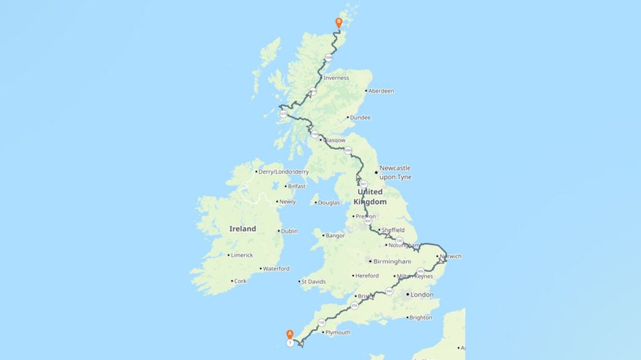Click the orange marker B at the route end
point(339,23)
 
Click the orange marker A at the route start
point(289,334)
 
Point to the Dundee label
point(360,118)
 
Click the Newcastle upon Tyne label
point(395,172)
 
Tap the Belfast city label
point(297,186)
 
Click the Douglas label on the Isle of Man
point(329,202)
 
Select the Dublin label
point(289,231)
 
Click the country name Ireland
point(242,229)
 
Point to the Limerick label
point(242,255)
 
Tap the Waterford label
point(276,269)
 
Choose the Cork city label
point(240,282)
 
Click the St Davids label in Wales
point(313,282)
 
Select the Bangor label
point(335,236)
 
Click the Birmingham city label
point(391,261)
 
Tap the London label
point(421,294)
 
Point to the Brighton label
point(420,317)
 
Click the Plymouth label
point(338,332)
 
